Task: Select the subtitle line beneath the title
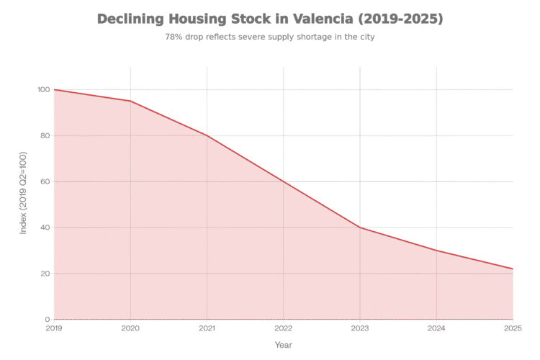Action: click(x=270, y=36)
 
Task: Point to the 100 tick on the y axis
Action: click(x=43, y=90)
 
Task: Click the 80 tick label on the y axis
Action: click(x=45, y=135)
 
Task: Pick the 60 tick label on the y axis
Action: click(x=45, y=181)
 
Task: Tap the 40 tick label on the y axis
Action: click(x=45, y=228)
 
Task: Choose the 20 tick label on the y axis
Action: click(x=45, y=274)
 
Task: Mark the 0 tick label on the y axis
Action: click(x=47, y=319)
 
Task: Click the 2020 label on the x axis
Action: click(x=130, y=328)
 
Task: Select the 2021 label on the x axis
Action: click(x=207, y=328)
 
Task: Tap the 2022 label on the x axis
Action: click(x=284, y=328)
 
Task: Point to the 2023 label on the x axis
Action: click(x=360, y=328)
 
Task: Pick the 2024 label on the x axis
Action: click(x=436, y=328)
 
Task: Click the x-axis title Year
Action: click(x=284, y=345)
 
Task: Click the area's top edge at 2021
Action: click(x=207, y=135)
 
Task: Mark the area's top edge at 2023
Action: click(x=360, y=228)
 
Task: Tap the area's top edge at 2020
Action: click(x=130, y=101)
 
